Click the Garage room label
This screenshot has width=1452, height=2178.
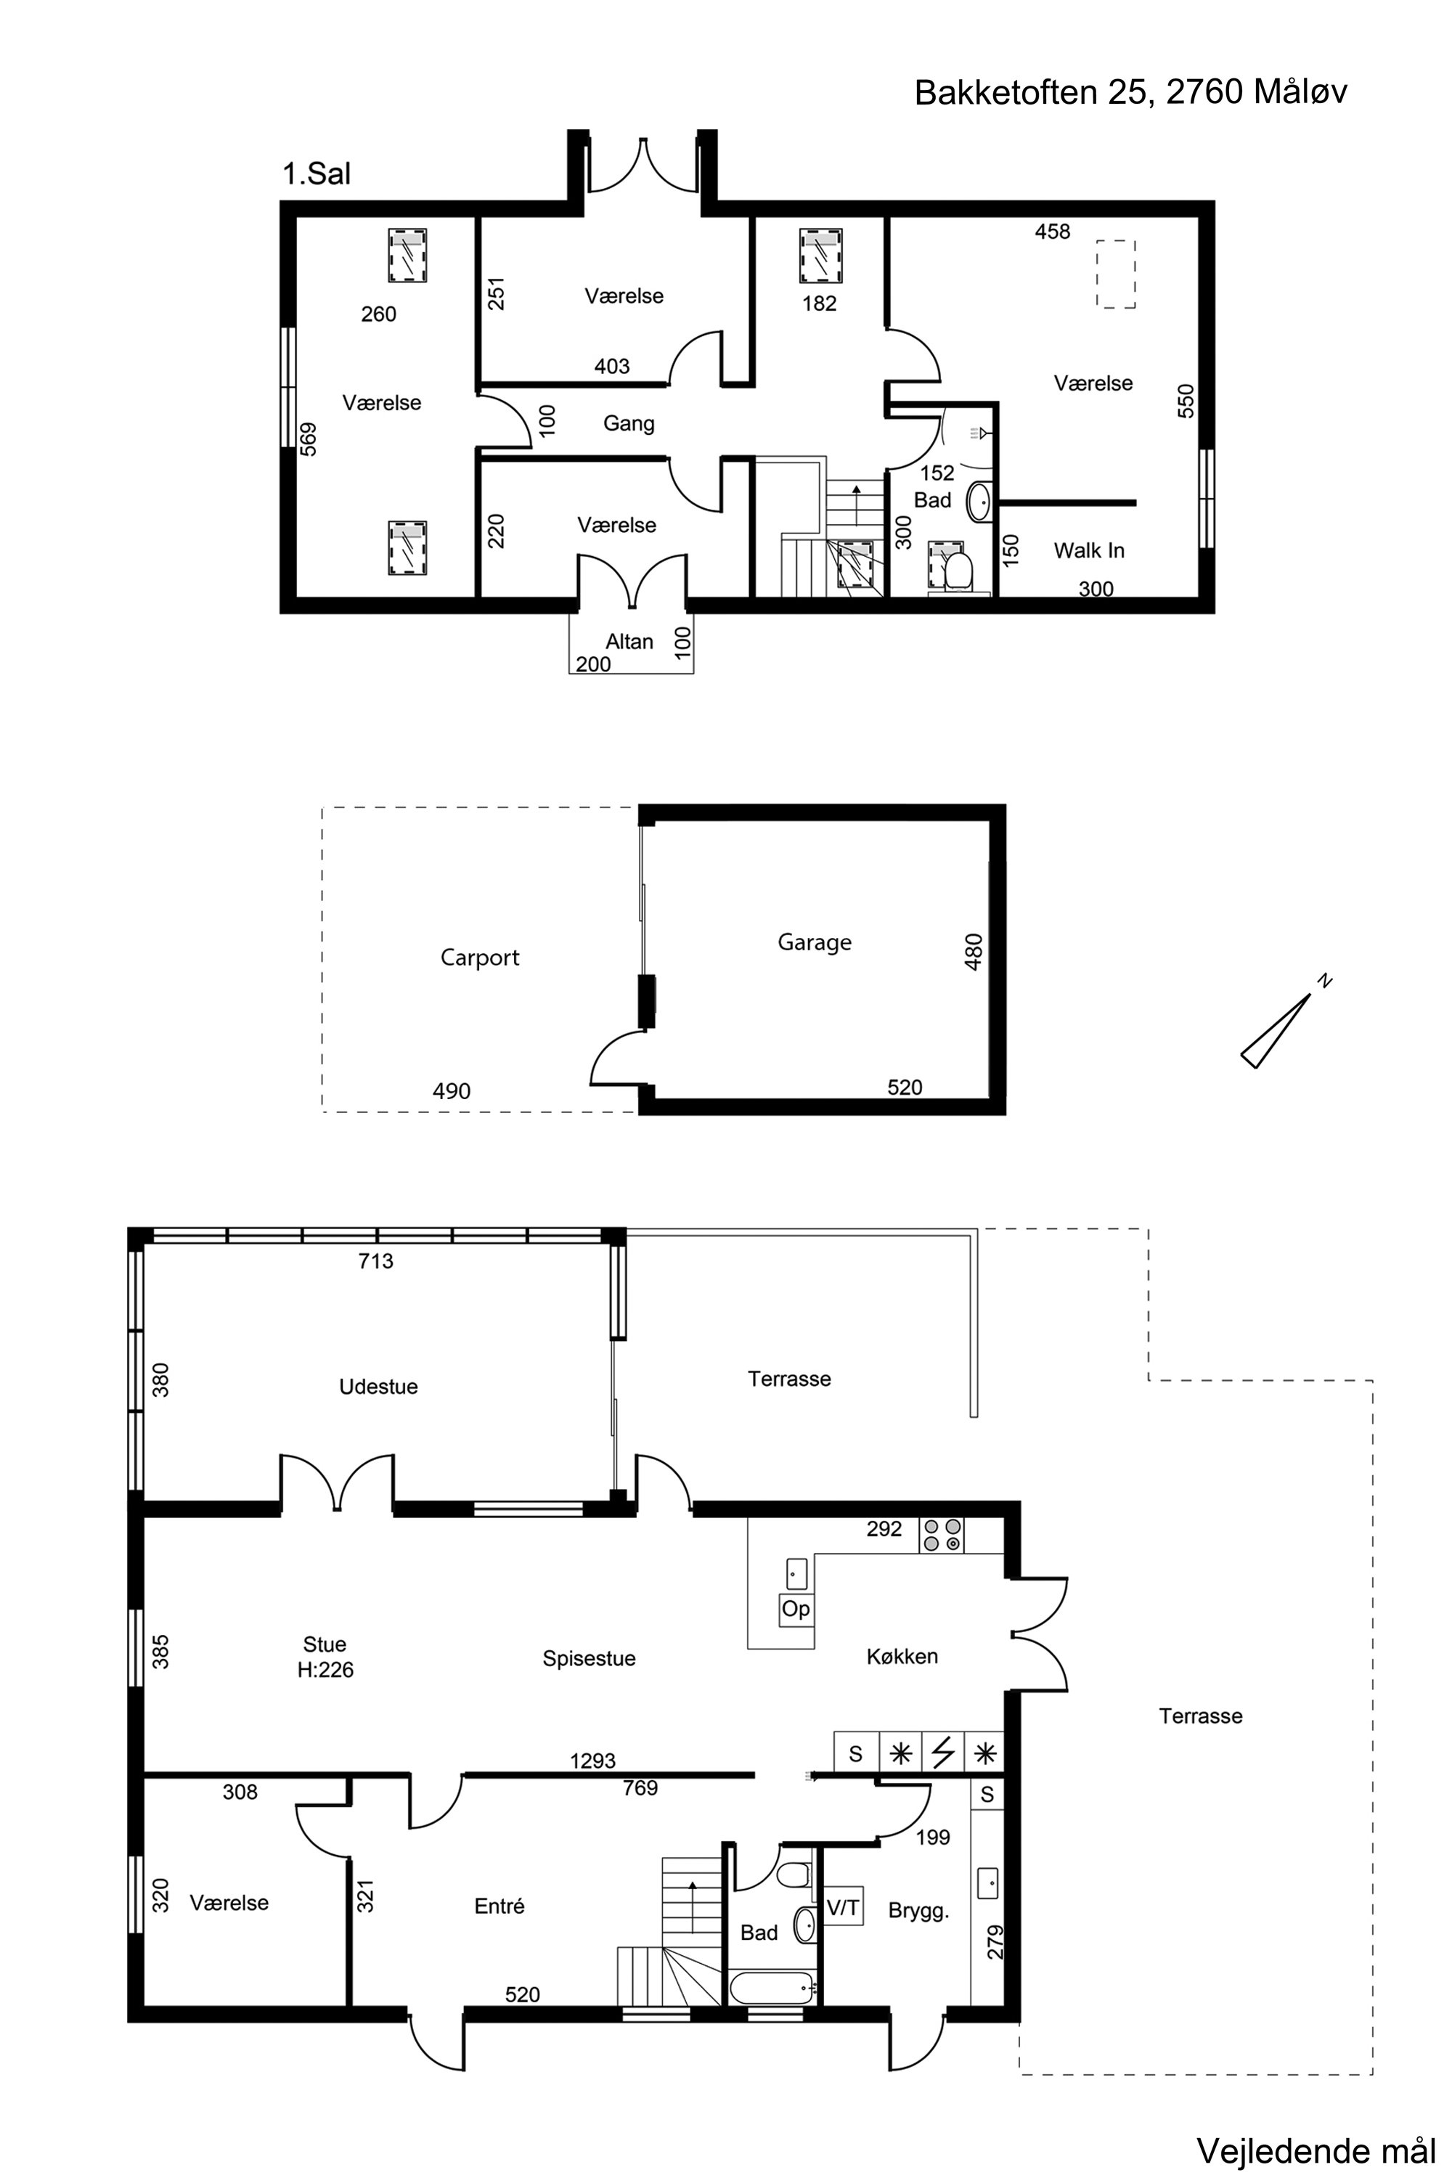coord(814,942)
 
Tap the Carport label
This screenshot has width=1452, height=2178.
coord(480,958)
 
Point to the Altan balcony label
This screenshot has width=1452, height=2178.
coord(629,642)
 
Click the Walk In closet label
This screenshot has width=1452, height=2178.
coord(1089,551)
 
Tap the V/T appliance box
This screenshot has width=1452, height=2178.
coord(843,1908)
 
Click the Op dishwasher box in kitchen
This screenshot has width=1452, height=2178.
coord(796,1609)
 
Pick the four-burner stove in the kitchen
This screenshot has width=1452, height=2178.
coord(942,1535)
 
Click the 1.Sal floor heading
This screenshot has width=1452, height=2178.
coord(317,174)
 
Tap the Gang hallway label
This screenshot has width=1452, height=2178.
coord(629,424)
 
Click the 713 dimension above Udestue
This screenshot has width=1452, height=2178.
coord(376,1260)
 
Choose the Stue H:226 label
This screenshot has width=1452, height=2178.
coord(325,1657)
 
